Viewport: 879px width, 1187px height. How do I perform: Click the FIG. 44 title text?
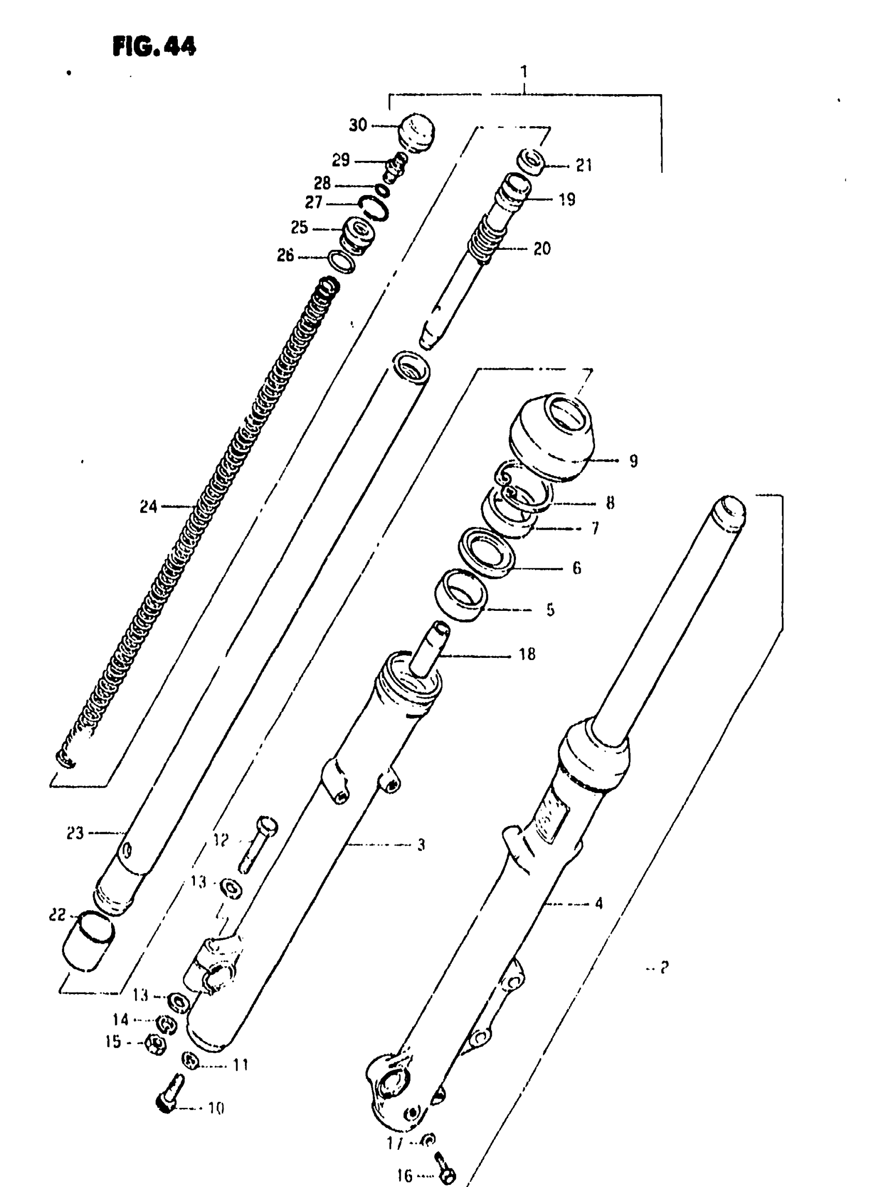click(154, 47)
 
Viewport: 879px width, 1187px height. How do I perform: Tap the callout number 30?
click(358, 125)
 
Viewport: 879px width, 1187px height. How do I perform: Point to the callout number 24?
click(148, 507)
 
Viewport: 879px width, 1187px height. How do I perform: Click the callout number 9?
click(633, 460)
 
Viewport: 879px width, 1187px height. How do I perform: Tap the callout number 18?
click(527, 654)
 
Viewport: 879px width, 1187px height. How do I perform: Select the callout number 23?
click(75, 833)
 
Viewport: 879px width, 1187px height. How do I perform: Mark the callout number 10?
click(216, 1109)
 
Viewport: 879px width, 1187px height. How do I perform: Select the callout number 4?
click(599, 903)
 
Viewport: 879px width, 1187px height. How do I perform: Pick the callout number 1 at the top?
click(524, 71)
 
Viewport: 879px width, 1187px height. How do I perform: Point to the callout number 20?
click(542, 249)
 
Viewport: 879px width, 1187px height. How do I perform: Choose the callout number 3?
click(421, 845)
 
